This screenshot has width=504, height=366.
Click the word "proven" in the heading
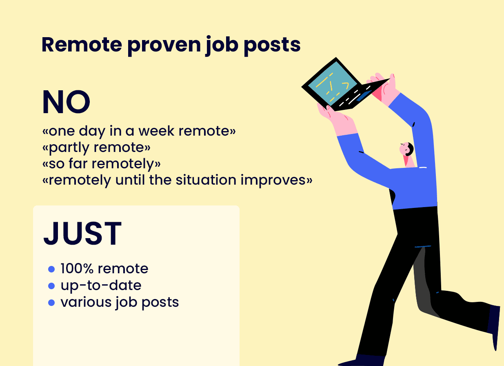164,46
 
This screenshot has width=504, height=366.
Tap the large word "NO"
66,102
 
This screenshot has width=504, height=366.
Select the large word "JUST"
82,233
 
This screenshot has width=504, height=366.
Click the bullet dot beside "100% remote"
51,269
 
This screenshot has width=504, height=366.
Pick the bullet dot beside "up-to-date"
51,286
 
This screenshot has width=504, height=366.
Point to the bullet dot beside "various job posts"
51,303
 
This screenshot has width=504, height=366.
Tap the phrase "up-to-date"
101,286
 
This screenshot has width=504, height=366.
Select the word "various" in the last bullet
86,302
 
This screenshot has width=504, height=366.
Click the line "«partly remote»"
96,148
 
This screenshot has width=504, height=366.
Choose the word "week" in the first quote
156,131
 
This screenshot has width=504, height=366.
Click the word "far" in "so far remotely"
78,163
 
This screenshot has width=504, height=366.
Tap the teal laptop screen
332,83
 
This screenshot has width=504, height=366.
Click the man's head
406,149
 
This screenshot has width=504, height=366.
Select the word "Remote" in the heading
82,45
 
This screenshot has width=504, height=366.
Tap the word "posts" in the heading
272,46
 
